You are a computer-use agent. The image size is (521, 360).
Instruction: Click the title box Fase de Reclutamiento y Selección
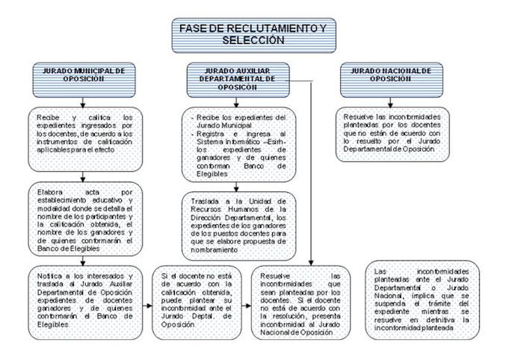click(253, 32)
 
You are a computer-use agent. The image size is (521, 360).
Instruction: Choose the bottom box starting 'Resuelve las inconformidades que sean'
click(296, 300)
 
